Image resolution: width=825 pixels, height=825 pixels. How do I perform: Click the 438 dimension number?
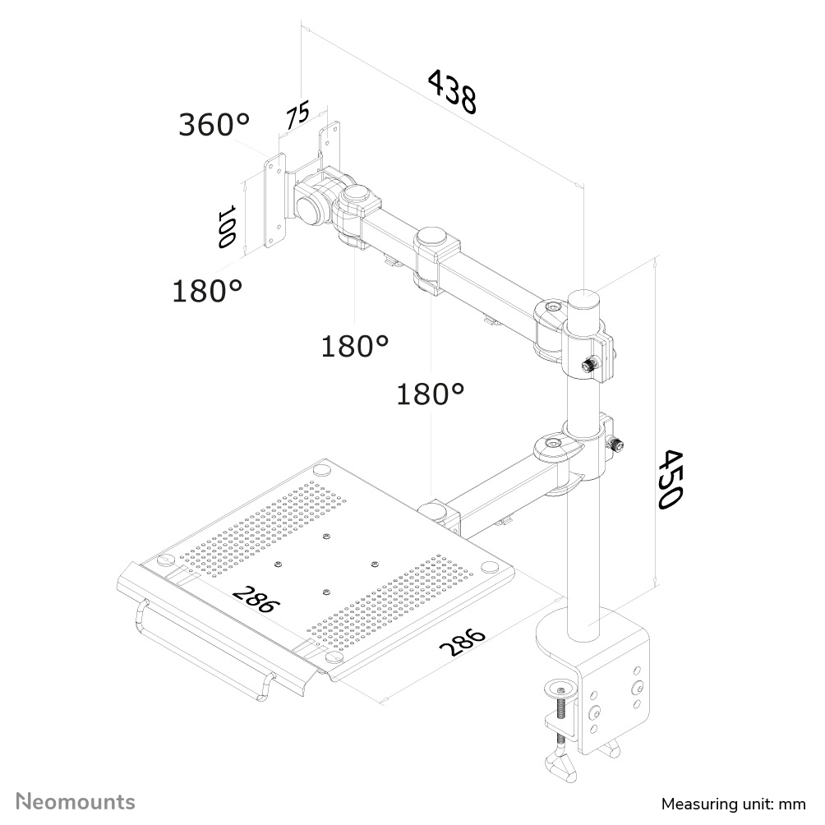[452, 91]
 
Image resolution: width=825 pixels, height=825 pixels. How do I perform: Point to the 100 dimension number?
[227, 227]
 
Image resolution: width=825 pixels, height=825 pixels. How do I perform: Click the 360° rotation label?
[214, 125]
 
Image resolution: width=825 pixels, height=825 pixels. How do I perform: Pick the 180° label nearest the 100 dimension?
[207, 290]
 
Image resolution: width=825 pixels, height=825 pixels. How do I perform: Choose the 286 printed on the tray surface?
[256, 599]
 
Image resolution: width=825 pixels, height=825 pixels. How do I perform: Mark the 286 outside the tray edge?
[463, 642]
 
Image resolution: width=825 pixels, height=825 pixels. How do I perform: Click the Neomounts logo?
[76, 801]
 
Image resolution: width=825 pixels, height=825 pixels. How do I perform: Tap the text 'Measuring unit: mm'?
[733, 803]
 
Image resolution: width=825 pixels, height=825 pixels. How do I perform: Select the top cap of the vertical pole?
[584, 297]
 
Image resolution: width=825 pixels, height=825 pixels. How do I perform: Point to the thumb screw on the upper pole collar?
[590, 364]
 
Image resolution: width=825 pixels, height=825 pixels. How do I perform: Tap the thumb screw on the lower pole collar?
[613, 445]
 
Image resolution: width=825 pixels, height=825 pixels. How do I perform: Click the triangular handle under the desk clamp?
[564, 770]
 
